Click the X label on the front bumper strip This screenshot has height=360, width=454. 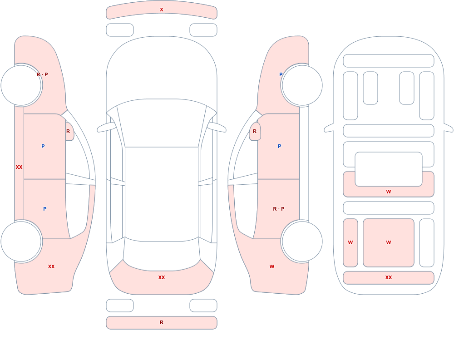(x=162, y=10)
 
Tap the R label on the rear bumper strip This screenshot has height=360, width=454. (x=162, y=322)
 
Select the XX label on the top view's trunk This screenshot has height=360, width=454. (x=162, y=277)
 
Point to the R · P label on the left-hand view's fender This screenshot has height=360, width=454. (x=42, y=74)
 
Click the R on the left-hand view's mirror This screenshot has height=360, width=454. (x=68, y=131)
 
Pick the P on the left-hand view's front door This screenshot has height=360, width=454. (x=43, y=146)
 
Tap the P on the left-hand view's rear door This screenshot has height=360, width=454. (x=44, y=209)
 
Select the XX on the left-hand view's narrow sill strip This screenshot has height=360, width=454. (x=19, y=167)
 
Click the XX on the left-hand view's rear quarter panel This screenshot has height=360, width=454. (x=51, y=266)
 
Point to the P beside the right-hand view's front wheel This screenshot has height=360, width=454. (x=281, y=74)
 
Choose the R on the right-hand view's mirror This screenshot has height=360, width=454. (x=255, y=131)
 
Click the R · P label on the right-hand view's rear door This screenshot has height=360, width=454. (x=279, y=209)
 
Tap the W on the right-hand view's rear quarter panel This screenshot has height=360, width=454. (x=271, y=266)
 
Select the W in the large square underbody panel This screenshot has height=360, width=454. (x=389, y=242)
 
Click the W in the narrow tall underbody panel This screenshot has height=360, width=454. (x=350, y=242)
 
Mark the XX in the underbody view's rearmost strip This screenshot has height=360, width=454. (x=389, y=277)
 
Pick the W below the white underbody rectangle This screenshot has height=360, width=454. (x=389, y=192)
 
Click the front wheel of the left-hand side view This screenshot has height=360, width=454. (x=21, y=85)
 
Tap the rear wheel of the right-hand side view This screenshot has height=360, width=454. (x=302, y=241)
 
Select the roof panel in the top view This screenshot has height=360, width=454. (x=162, y=194)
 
